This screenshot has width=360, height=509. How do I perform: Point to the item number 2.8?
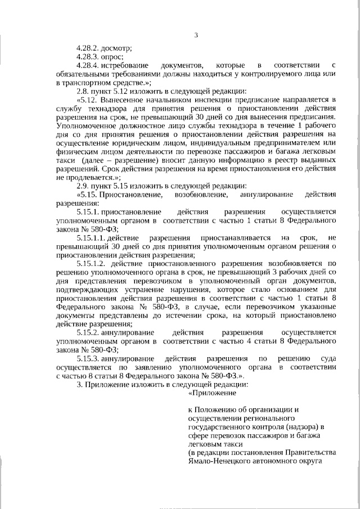click(x=83, y=91)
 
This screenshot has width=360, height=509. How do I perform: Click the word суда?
click(x=327, y=358)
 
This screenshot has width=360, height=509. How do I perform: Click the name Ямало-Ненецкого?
click(x=220, y=461)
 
